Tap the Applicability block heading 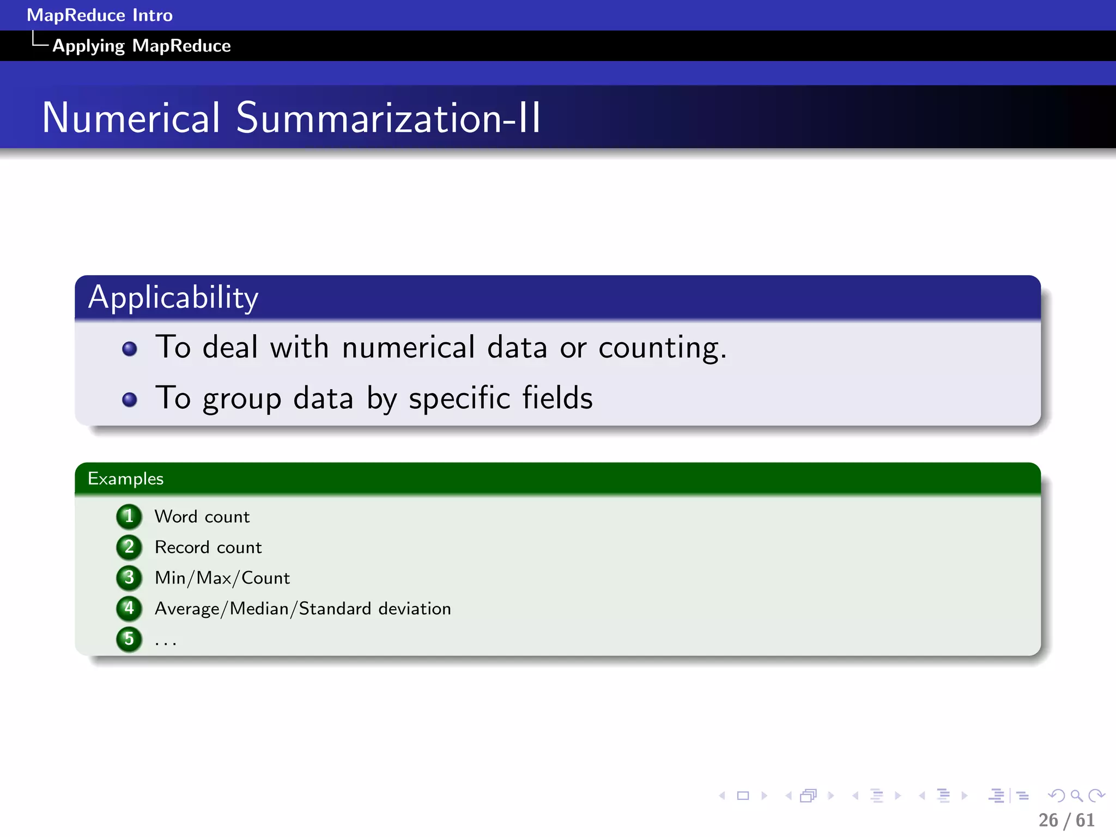click(173, 298)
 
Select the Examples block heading click(125, 478)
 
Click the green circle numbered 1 click(129, 516)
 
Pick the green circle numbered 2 click(129, 547)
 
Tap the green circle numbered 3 click(129, 577)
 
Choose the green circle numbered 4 click(129, 608)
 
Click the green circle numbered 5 click(129, 638)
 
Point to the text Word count click(202, 517)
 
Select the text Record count click(208, 547)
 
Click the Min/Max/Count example click(222, 578)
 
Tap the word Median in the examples click(259, 608)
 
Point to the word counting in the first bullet click(662, 348)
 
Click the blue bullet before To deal click(130, 349)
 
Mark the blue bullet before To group click(130, 399)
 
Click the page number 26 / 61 click(1066, 820)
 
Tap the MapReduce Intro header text click(100, 15)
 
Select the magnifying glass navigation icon click(1076, 796)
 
